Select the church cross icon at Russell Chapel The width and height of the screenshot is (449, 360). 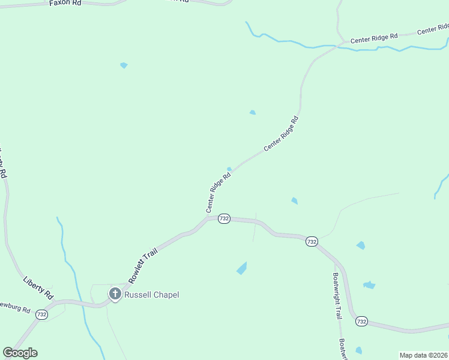click(x=115, y=294)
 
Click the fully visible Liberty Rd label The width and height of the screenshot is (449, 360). click(x=38, y=288)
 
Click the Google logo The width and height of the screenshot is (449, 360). click(x=20, y=353)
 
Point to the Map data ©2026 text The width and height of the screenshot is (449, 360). click(x=423, y=355)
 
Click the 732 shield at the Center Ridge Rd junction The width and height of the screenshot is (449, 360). click(x=224, y=218)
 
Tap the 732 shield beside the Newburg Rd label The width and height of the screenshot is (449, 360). click(x=41, y=314)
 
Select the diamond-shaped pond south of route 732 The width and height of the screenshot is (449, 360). click(x=242, y=268)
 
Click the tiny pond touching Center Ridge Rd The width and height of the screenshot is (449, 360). click(x=229, y=169)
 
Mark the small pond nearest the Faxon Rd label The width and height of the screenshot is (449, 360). click(x=124, y=65)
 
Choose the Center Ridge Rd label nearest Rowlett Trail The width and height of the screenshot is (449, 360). click(x=218, y=193)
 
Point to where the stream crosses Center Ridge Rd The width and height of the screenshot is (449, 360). click(x=340, y=46)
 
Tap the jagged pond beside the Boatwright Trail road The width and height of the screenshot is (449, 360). click(x=369, y=285)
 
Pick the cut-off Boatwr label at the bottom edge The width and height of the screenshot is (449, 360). click(x=342, y=349)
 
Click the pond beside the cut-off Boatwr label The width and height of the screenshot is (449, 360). click(x=358, y=350)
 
